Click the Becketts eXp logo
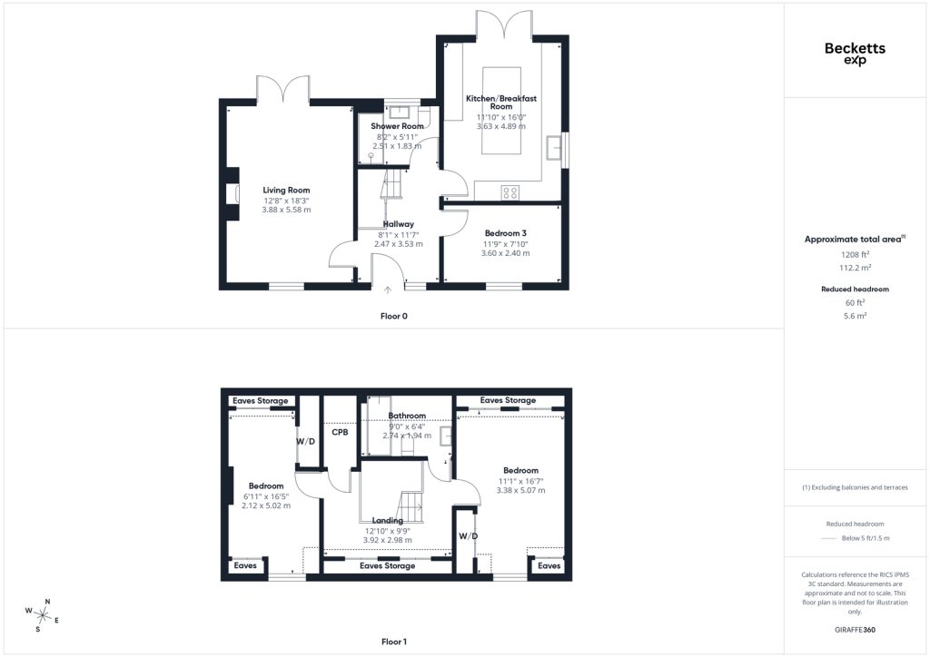(855, 54)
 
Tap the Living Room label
(286, 191)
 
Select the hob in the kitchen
(510, 192)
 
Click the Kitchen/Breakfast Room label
(501, 103)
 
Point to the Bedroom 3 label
(505, 233)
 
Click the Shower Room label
(398, 126)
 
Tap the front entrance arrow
(387, 290)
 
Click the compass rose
(42, 616)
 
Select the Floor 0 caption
(394, 317)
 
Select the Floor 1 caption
(394, 642)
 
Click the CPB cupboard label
(340, 433)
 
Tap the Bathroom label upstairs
(407, 416)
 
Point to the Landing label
(387, 521)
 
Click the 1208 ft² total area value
(855, 255)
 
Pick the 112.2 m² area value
(855, 268)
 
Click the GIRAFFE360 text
(855, 630)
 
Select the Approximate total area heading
(855, 240)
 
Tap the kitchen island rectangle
(501, 111)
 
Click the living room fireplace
(232, 194)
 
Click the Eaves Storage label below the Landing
(387, 565)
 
